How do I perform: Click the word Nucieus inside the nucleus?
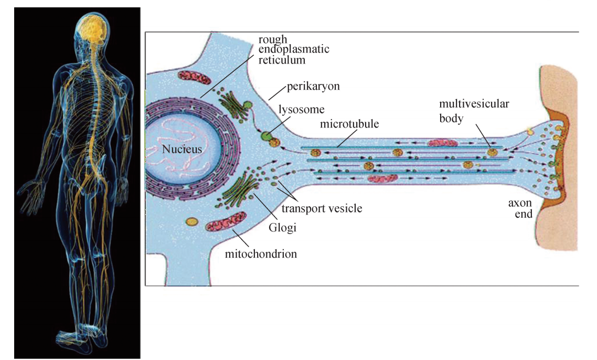[x=182, y=149]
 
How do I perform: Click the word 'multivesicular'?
[x=474, y=104]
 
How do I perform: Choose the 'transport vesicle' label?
[x=322, y=208]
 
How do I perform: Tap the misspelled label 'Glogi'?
[x=281, y=227]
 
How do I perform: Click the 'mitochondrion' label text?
[x=261, y=254]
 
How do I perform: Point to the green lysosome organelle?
[x=268, y=136]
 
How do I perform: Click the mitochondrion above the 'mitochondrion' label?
[x=226, y=221]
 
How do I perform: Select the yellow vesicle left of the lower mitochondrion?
[x=192, y=221]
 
